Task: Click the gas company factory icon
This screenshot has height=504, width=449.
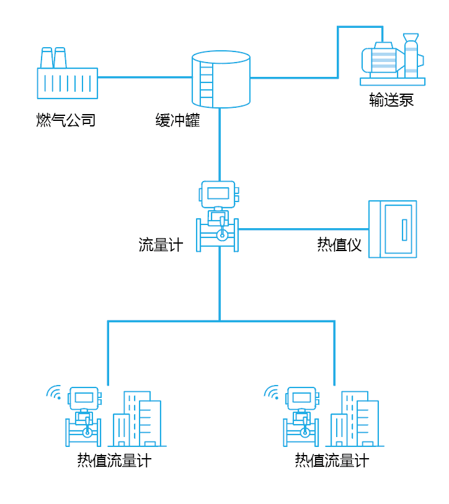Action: (x=67, y=77)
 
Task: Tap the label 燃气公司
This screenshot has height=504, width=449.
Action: (x=66, y=120)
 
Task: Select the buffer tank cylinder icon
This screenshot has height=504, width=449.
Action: (x=221, y=80)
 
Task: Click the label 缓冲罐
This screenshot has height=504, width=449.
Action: (x=178, y=120)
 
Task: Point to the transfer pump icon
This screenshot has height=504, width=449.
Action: (x=393, y=60)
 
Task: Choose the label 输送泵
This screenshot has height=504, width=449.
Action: (x=391, y=100)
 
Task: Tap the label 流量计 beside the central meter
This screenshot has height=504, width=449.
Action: (x=161, y=245)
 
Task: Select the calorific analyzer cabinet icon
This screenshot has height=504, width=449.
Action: (x=393, y=229)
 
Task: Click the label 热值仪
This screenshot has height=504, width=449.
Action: (x=339, y=245)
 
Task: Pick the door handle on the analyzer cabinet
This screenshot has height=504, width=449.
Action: (x=404, y=229)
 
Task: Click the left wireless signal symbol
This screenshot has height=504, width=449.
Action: (x=55, y=392)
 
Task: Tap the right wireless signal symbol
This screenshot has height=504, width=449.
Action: (x=272, y=392)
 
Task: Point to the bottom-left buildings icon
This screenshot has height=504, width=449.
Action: (x=137, y=420)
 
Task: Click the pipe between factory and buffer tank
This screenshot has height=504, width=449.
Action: (x=144, y=77)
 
